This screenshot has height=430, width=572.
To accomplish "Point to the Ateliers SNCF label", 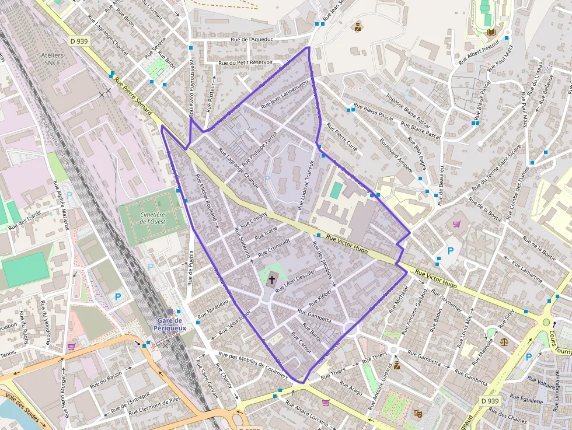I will [53, 59].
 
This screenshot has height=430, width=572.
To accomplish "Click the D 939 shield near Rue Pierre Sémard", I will [79, 41].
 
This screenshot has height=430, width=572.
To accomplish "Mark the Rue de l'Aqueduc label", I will [252, 40].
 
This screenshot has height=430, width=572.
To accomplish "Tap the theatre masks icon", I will [418, 412].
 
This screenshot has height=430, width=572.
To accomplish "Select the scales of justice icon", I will [504, 341].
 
